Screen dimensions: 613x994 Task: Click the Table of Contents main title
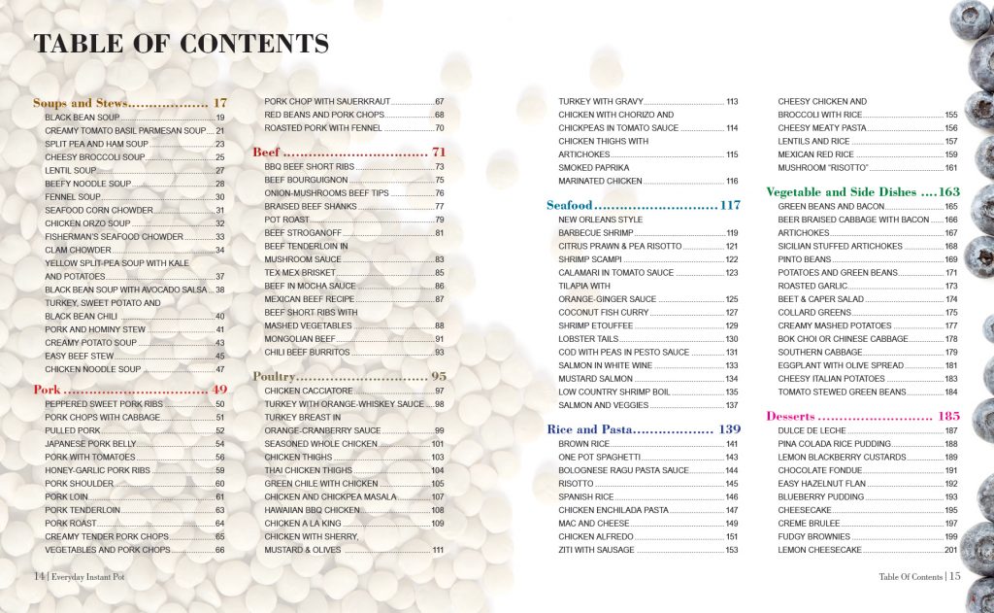181,44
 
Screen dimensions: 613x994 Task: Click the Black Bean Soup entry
83,118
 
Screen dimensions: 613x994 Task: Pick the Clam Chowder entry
78,250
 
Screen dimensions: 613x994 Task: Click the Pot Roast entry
287,220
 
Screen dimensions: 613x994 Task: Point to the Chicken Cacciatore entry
302,391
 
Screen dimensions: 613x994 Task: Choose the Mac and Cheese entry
594,524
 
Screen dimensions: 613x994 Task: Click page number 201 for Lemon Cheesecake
950,550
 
